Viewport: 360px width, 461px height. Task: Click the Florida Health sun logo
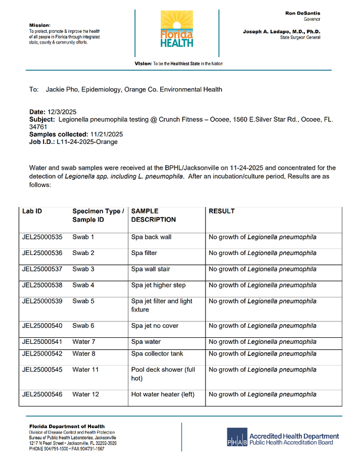[177, 28]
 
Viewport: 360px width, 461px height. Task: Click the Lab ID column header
[32, 211]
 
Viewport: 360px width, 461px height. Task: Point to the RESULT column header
[221, 211]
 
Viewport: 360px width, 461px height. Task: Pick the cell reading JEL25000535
[43, 237]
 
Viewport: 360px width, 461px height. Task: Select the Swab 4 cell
[83, 285]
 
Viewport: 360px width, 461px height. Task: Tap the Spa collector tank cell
[157, 354]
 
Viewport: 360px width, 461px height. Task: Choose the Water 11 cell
[85, 369]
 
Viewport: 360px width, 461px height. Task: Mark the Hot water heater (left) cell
[163, 395]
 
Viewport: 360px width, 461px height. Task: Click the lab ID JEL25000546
[43, 395]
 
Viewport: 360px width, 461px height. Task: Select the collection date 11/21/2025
[106, 134]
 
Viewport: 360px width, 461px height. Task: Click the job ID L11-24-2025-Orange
[87, 142]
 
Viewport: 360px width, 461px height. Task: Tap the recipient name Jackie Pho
[62, 89]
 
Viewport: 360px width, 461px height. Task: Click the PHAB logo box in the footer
[237, 436]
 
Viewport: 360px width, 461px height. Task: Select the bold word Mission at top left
[39, 25]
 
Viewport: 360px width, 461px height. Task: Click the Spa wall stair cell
[151, 269]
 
